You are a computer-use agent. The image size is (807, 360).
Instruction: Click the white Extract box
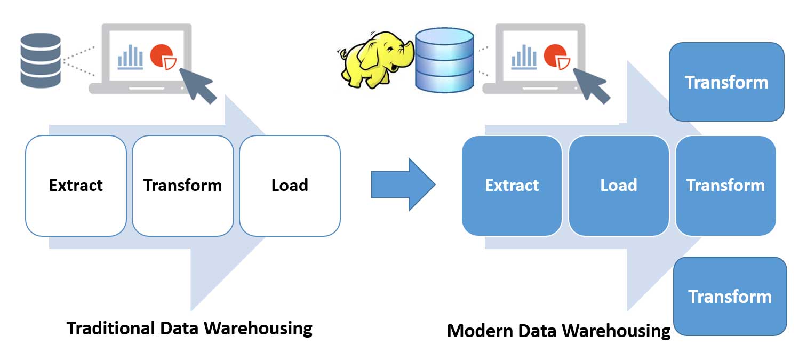76,186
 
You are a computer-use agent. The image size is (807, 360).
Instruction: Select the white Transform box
182,186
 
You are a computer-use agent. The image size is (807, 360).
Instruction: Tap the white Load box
290,186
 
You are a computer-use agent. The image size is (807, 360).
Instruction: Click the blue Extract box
512,186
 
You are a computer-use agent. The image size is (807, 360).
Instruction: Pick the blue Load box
619,186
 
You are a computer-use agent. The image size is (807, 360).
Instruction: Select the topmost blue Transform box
726,82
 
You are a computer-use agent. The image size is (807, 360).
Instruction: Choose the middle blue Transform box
725,186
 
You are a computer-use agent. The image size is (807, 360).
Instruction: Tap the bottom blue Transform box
730,297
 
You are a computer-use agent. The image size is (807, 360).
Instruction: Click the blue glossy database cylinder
444,60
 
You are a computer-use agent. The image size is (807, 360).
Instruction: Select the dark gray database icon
41,60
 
